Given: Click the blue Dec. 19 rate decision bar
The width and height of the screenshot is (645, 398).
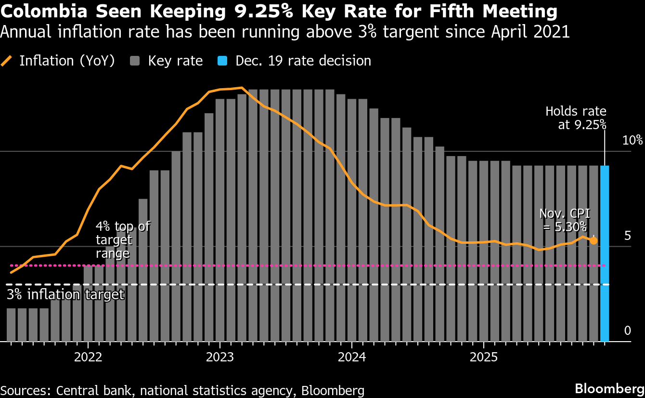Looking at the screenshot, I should coord(605,253).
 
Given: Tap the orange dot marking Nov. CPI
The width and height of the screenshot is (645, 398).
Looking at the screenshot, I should coord(594,240).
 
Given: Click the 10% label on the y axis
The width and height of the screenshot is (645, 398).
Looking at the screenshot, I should coord(632,141).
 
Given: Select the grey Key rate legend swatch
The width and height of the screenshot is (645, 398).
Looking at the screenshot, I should coord(135,61).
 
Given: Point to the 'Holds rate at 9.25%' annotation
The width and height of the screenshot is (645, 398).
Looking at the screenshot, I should coord(576,118).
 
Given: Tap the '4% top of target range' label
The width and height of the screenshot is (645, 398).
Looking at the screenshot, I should coord(123,239).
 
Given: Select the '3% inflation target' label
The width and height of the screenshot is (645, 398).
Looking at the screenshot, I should coord(65,294).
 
